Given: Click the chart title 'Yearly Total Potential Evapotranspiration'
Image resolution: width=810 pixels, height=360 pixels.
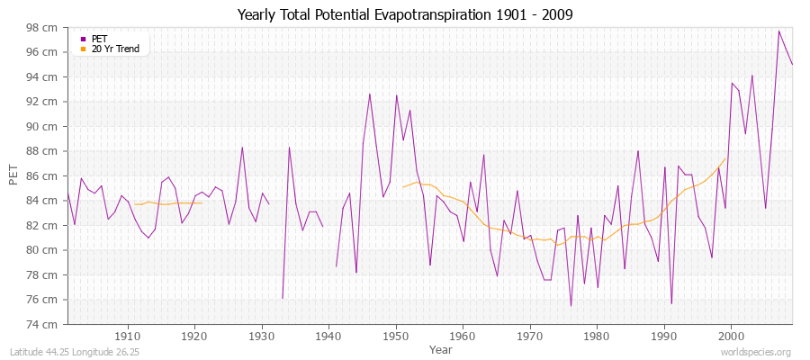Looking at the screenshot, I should [404, 14].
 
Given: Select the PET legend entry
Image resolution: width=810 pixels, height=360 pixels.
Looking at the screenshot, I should [100, 39].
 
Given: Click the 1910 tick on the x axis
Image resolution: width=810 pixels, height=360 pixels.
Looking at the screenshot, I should [128, 333].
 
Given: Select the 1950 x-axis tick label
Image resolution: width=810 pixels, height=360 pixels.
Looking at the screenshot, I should [396, 333].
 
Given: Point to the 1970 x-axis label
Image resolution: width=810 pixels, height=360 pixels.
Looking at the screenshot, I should [530, 333].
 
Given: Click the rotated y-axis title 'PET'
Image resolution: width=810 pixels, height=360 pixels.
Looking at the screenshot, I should [13, 175].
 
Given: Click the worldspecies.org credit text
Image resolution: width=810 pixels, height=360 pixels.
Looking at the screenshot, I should [755, 352].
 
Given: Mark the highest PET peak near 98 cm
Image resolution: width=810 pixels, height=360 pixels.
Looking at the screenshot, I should [779, 31].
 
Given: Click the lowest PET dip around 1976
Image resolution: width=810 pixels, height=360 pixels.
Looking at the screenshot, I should [571, 306].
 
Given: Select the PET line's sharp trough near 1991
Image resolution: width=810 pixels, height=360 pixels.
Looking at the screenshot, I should [671, 303].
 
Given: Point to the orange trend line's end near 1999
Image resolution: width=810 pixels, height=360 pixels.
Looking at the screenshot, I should [725, 158].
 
